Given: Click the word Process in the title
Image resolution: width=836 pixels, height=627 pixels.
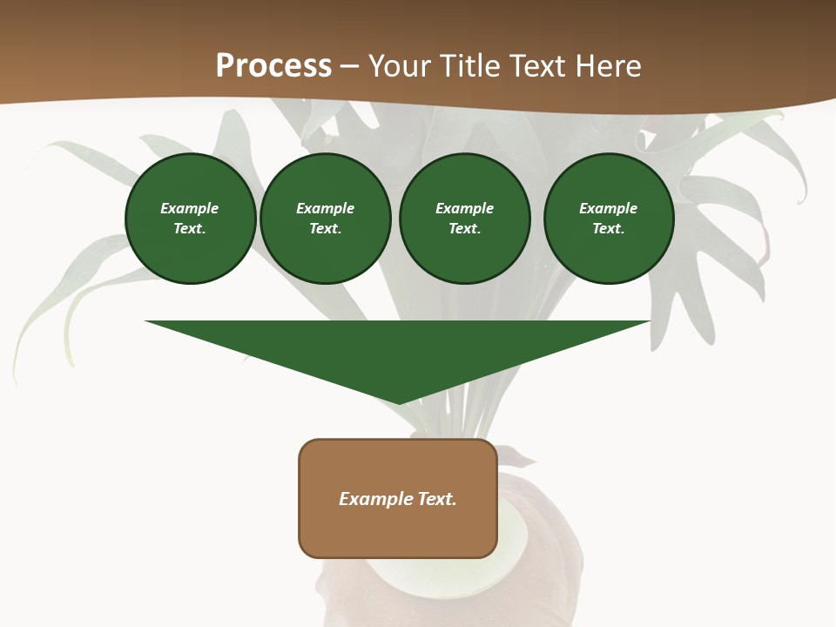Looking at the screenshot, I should [x=273, y=66].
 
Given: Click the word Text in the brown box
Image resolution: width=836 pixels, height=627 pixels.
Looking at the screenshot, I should [x=437, y=499].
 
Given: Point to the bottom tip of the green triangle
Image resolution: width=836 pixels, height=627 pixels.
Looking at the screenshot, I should [x=398, y=402].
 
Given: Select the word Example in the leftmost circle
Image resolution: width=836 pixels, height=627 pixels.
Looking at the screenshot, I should [x=190, y=208].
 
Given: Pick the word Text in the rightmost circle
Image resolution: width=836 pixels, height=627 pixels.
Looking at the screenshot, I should [x=609, y=228].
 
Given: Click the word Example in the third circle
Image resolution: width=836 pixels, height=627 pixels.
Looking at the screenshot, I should [x=464, y=208].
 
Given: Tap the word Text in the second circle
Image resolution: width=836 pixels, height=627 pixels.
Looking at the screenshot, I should [x=325, y=228].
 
